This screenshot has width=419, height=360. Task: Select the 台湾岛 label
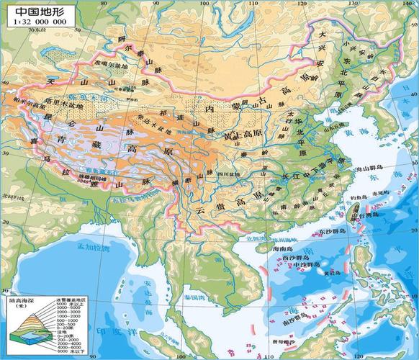pos(361,214)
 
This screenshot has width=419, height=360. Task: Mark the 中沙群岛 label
pos(309,266)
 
